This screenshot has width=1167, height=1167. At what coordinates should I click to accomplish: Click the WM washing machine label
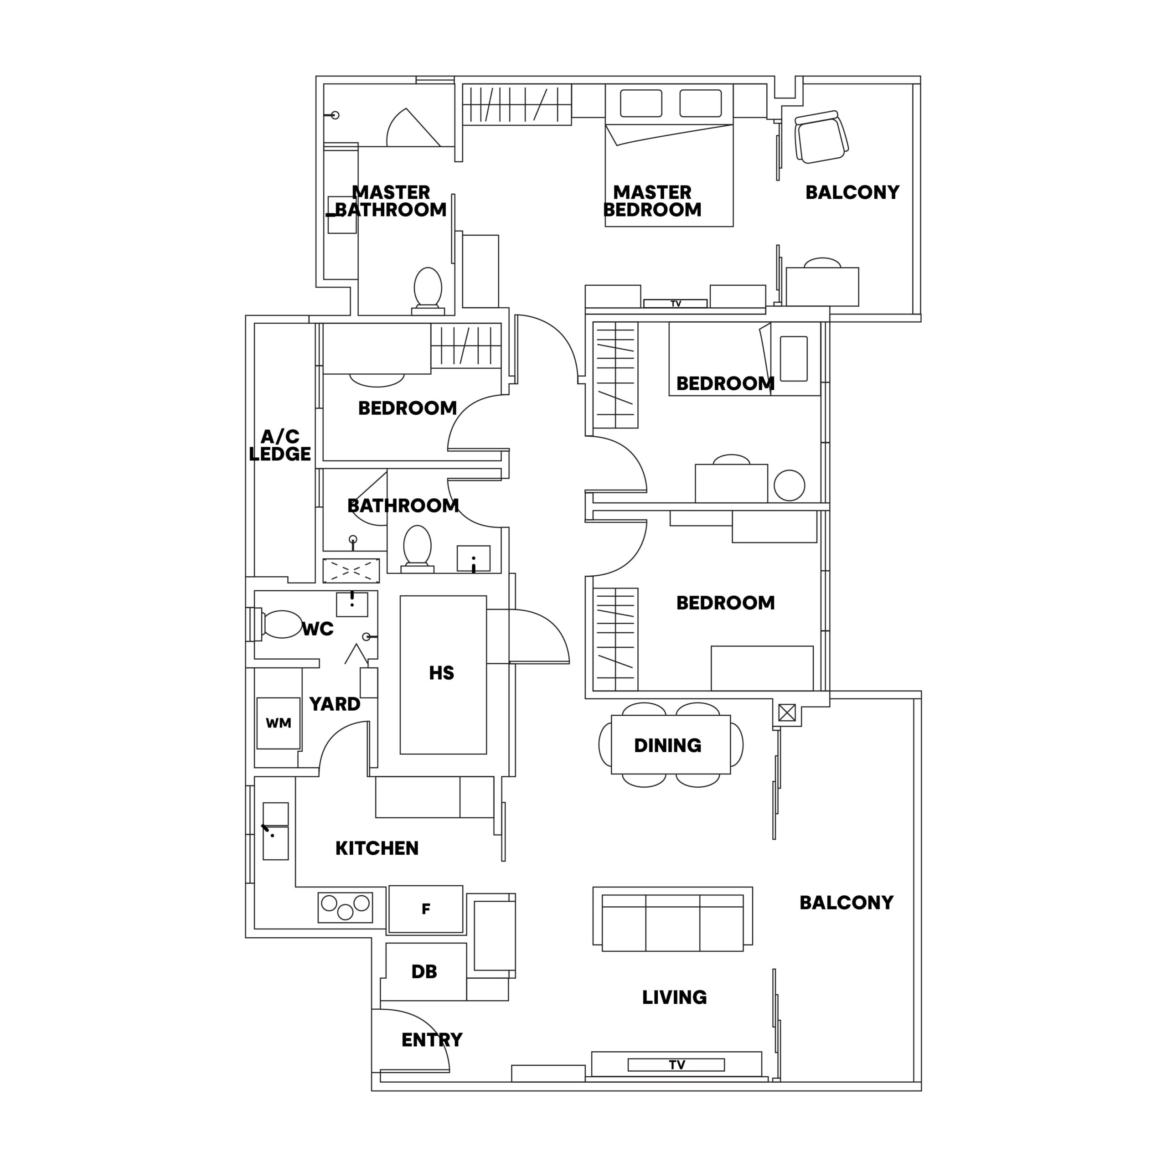click(279, 723)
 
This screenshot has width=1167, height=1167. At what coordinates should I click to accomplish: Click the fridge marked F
click(426, 909)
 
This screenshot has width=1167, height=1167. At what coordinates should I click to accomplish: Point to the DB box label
click(424, 972)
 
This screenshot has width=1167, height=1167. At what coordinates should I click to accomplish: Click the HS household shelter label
click(442, 673)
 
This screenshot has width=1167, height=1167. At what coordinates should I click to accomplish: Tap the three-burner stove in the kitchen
click(345, 907)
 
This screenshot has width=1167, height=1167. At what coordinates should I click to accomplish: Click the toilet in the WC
click(281, 625)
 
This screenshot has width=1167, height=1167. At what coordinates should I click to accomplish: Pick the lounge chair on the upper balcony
click(821, 137)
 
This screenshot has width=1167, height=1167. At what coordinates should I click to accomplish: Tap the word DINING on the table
click(667, 745)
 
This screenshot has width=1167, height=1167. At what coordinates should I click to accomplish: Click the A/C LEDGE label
click(279, 445)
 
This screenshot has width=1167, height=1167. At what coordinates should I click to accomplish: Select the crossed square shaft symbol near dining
click(786, 713)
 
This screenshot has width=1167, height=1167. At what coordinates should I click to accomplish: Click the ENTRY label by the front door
click(432, 1040)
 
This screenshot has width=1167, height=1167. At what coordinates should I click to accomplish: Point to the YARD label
click(335, 704)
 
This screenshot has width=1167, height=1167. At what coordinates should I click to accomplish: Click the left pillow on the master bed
click(641, 103)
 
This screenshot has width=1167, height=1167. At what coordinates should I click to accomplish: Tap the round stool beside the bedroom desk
click(789, 485)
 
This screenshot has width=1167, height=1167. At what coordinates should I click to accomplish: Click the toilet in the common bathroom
click(417, 545)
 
